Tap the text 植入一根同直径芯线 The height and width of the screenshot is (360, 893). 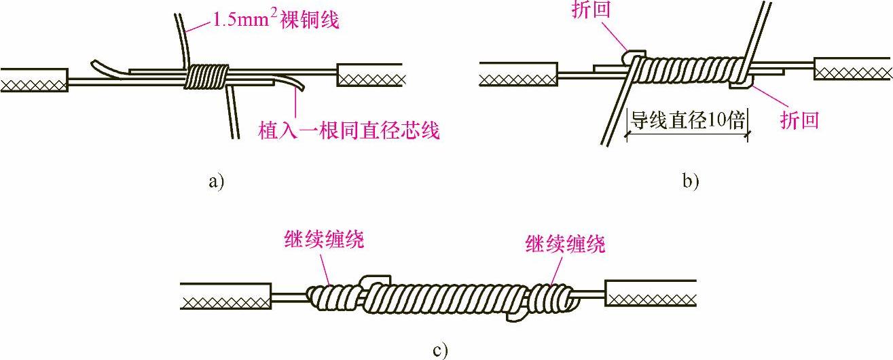coord(349,129)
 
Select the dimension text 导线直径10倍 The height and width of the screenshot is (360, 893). coord(687,121)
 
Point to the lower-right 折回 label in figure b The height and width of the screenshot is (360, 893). coord(799,120)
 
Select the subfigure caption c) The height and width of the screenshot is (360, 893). coord(440,351)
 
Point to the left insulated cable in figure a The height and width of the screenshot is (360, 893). coord(34,80)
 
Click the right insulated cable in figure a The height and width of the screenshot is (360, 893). coord(370,75)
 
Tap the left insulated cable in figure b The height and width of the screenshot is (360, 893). coord(518,74)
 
